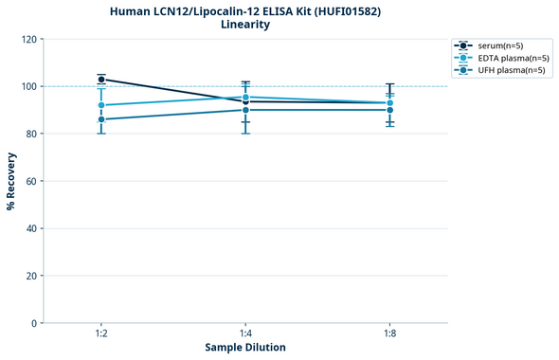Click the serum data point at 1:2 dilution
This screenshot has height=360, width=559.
(101, 80)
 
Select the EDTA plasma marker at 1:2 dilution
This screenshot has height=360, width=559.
(101, 105)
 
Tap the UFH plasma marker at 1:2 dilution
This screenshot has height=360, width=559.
(101, 119)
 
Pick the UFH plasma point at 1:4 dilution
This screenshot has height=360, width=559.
(245, 110)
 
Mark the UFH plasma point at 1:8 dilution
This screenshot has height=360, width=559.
(389, 110)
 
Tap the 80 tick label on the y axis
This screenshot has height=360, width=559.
(30, 134)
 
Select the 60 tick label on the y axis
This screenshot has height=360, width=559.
(30, 181)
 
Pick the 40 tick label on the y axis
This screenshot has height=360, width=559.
(30, 228)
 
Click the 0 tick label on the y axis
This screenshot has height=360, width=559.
(33, 323)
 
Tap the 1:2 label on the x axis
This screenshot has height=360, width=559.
(101, 334)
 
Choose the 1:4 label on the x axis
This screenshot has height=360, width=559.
(245, 334)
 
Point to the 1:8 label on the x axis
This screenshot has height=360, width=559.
(389, 334)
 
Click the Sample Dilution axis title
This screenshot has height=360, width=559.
(245, 348)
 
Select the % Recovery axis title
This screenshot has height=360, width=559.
(11, 181)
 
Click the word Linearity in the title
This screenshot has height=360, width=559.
(245, 25)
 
